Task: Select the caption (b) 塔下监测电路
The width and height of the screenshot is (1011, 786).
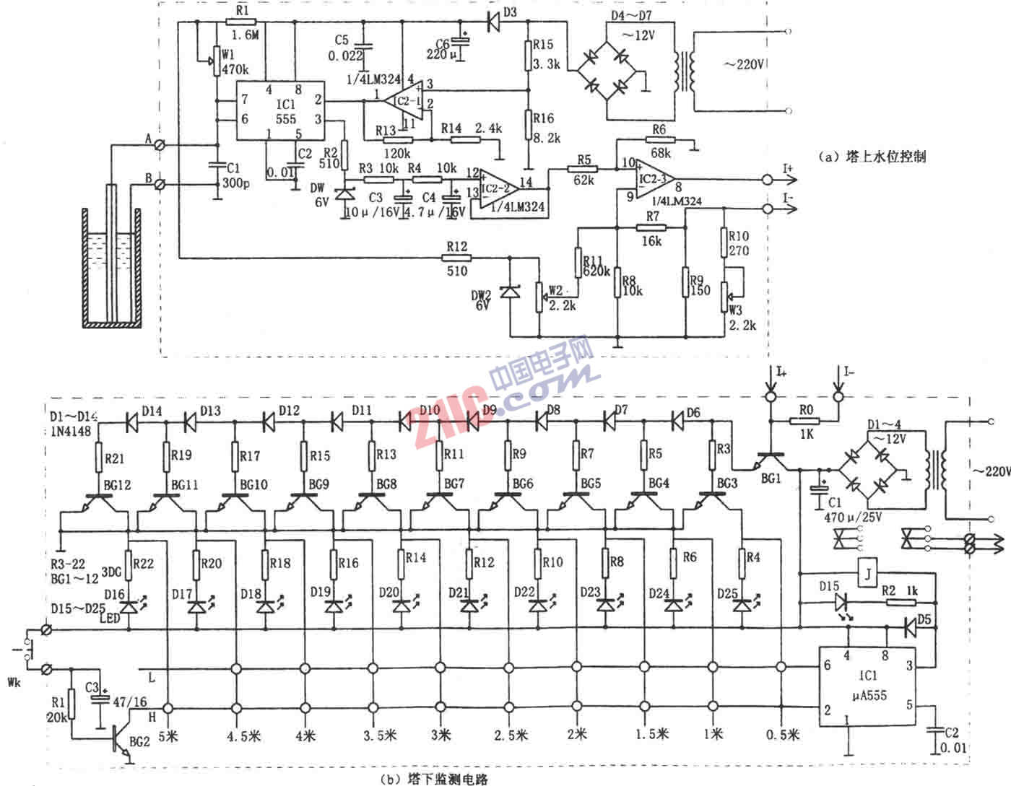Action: click(434, 778)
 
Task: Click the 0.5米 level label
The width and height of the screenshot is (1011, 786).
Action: click(783, 734)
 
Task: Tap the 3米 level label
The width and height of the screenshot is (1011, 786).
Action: click(441, 734)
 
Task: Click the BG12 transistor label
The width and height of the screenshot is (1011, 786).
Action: click(117, 485)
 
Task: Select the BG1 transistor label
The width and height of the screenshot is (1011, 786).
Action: click(771, 479)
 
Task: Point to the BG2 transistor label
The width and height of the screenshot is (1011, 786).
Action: click(140, 741)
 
